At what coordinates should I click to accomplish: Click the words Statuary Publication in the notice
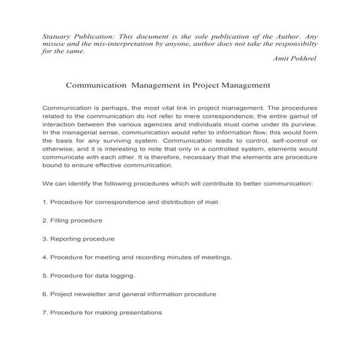coord(76,35)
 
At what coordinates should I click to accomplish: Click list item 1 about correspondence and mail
coord(130,201)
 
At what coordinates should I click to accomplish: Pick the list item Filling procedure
coord(72,220)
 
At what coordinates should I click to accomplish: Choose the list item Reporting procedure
coord(78,239)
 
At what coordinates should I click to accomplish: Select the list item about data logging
coord(89,276)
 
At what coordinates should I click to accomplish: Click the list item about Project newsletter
coord(129,295)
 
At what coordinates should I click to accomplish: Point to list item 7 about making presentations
coord(102,313)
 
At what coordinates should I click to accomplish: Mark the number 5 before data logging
coord(44,276)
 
